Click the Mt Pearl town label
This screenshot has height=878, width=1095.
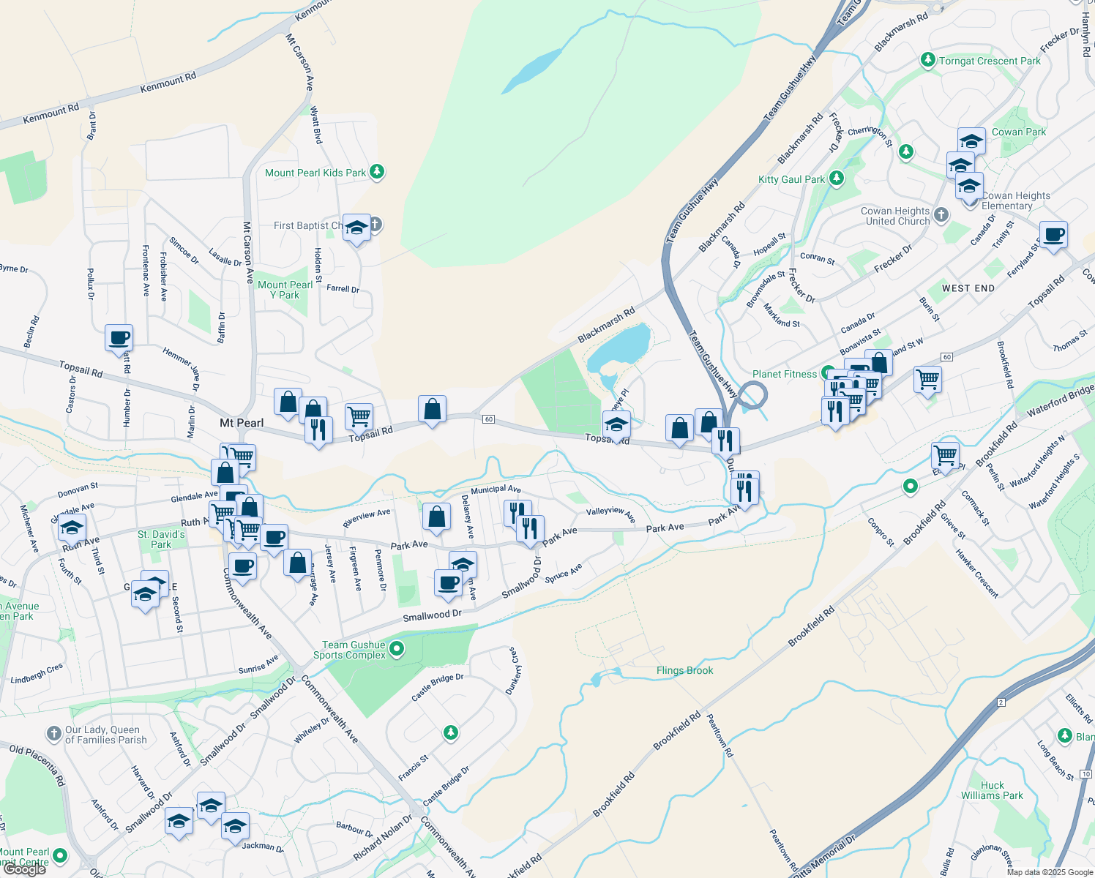click(242, 423)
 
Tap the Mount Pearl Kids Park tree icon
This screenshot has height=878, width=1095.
click(377, 172)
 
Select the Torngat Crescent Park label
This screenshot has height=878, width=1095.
click(989, 61)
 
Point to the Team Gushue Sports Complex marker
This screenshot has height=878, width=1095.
click(397, 648)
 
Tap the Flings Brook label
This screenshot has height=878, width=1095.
click(684, 670)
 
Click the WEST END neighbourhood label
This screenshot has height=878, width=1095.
click(968, 288)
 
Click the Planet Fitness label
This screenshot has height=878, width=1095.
click(784, 374)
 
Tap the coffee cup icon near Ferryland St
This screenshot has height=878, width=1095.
click(1053, 236)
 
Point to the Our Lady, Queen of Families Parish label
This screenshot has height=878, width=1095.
click(106, 735)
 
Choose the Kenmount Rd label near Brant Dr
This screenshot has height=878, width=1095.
click(51, 113)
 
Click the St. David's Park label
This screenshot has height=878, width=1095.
click(161, 539)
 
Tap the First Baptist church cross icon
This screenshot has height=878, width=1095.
click(375, 224)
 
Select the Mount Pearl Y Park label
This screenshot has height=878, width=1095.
click(285, 290)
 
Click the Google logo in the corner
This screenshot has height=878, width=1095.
click(24, 869)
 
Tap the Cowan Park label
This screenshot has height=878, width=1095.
click(1018, 132)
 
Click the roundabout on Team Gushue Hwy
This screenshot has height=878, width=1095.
click(752, 396)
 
